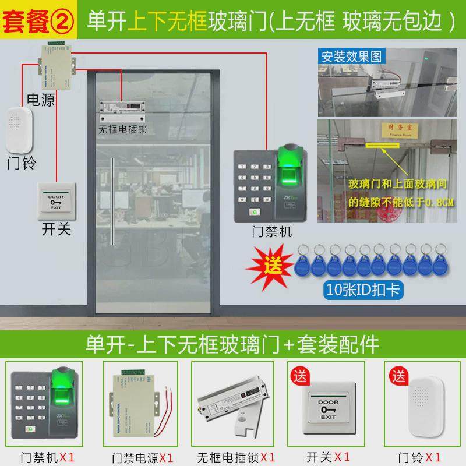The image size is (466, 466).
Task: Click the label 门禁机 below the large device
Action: tap(271, 232)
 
